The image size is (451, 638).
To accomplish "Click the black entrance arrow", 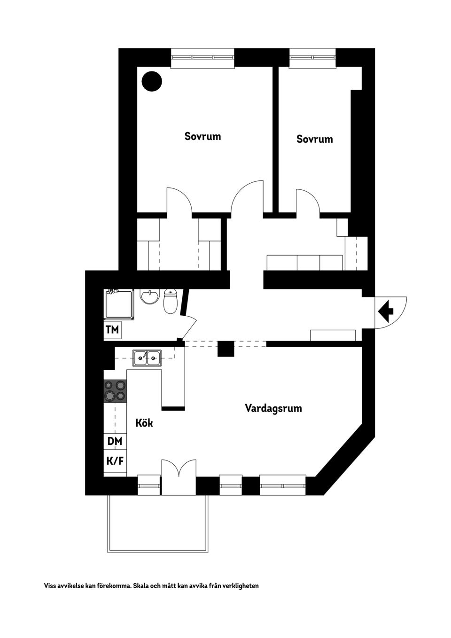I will coord(386,310).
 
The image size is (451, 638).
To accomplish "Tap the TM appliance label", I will coord(112,329).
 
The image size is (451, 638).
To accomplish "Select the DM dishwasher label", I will coord(115,441).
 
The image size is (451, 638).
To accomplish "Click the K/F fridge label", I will coord(115,460).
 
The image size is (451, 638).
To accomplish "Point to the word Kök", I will coord(144,423).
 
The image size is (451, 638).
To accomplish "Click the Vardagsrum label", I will coord(273,408).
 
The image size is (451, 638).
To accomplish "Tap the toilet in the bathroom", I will coord(170,302).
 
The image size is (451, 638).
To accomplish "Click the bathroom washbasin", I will coord(150,296).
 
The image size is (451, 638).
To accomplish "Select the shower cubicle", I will coord(119,304).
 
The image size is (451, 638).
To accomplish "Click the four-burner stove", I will coord(115,391).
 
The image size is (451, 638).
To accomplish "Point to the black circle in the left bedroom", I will coord(152,82).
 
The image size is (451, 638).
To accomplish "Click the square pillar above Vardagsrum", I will coord(225,349).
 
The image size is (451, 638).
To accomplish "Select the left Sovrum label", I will coord(202,136).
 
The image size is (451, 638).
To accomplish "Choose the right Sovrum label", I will coord(314,139).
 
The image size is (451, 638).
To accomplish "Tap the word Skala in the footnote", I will coord(140,586).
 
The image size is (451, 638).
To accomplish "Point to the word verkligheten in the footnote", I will coord(241,586).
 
